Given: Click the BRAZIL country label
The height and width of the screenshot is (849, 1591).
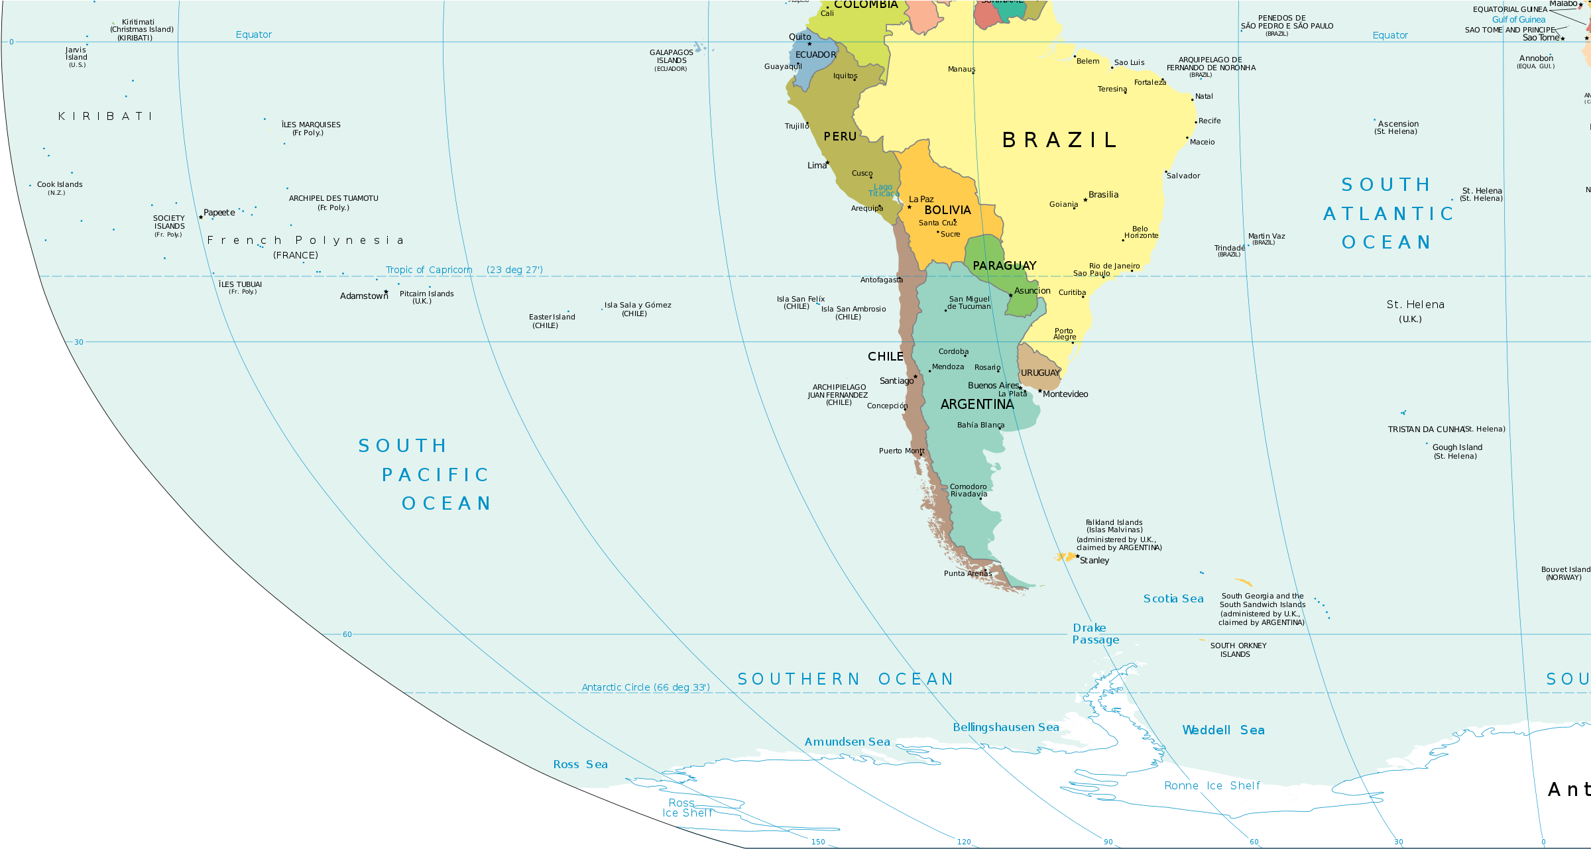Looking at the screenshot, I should click(1059, 141).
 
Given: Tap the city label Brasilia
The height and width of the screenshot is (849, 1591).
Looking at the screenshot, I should click(1103, 195).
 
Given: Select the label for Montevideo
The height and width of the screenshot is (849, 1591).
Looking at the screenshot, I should click(1065, 394).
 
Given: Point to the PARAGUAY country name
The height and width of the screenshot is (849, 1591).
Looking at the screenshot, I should click(1004, 266).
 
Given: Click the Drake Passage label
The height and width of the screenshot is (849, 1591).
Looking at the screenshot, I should click(1095, 634).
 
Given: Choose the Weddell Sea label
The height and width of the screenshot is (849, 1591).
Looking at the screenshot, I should click(1223, 730).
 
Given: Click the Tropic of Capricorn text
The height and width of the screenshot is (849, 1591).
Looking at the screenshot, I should click(429, 270).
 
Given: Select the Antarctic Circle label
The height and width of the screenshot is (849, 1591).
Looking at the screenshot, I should click(645, 687).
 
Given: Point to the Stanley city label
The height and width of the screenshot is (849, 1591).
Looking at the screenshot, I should click(1094, 561).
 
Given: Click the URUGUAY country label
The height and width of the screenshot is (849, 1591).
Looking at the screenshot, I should click(1040, 373).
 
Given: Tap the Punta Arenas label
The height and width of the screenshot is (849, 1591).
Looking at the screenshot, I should click(967, 574).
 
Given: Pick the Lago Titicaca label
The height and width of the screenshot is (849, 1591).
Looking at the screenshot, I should click(883, 190).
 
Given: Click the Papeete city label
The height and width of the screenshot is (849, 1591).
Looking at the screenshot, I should click(219, 213).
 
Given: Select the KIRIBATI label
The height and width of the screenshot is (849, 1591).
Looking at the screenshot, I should click(105, 117).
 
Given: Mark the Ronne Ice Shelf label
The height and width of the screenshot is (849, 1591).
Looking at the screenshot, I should click(1212, 786).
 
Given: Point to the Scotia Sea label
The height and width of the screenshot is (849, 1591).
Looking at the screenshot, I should click(1173, 599).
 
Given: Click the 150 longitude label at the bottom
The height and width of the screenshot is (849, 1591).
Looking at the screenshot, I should click(818, 842).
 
